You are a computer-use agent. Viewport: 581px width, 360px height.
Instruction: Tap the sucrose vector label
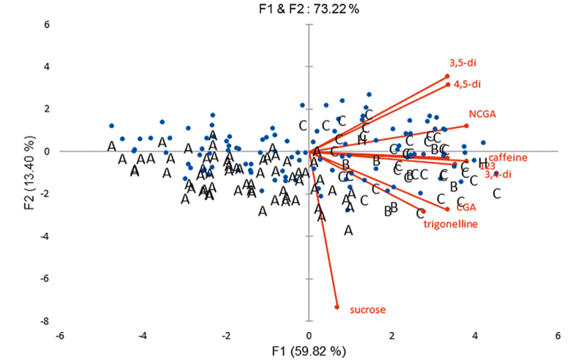(x=367, y=309)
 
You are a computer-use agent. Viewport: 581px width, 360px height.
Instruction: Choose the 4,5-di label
(x=467, y=83)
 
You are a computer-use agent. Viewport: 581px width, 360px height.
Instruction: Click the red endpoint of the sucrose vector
(x=337, y=307)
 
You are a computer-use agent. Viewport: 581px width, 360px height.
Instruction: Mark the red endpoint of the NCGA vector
(x=466, y=126)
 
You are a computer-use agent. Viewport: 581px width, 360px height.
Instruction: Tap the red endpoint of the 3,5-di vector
(x=447, y=76)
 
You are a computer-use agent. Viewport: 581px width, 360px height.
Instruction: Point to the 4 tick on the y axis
(x=47, y=66)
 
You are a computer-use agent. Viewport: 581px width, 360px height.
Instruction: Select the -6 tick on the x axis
(x=60, y=334)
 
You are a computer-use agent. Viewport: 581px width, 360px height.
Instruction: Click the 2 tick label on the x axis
(x=392, y=334)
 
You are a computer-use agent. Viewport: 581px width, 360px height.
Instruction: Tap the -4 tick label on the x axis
(x=143, y=334)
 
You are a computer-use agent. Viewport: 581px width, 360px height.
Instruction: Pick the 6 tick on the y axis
(x=47, y=24)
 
